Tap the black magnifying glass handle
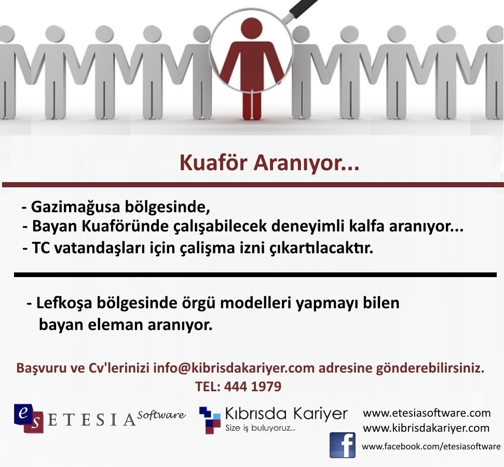click(x=304, y=8)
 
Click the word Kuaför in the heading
click(x=214, y=162)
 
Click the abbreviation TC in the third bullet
click(x=41, y=248)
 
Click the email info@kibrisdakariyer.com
click(x=234, y=368)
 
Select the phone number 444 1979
click(x=253, y=387)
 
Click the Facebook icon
click(x=343, y=445)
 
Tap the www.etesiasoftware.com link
click(x=427, y=413)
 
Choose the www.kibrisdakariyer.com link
click(x=426, y=428)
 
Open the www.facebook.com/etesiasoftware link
click(x=431, y=446)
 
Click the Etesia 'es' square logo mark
click(x=29, y=418)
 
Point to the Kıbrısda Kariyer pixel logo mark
click(x=210, y=420)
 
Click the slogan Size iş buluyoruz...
click(x=260, y=428)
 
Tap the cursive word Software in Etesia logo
click(x=161, y=415)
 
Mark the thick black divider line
click(x=255, y=275)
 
